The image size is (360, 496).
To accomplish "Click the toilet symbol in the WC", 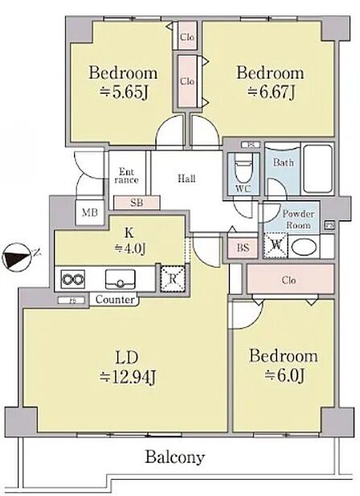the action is pyautogui.click(x=243, y=170).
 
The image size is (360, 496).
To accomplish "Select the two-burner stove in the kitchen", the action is pyautogui.click(x=73, y=279).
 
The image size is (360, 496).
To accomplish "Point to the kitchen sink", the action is pyautogui.click(x=120, y=279).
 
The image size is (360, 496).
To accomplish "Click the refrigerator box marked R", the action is pyautogui.click(x=173, y=279).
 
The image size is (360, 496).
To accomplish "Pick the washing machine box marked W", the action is pyautogui.click(x=276, y=245).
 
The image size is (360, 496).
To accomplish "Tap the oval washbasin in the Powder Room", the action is pyautogui.click(x=304, y=247).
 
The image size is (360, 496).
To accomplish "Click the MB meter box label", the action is pyautogui.click(x=90, y=212).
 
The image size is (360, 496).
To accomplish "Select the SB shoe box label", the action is pyautogui.click(x=137, y=203).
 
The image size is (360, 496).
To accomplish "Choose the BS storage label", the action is pyautogui.click(x=243, y=248).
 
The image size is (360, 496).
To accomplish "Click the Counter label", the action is pyautogui.click(x=115, y=299).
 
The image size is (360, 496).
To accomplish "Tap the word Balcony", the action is pyautogui.click(x=175, y=457).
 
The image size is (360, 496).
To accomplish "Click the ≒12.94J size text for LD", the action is pyautogui.click(x=128, y=376).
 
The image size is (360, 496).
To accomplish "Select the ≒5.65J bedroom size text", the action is pyautogui.click(x=124, y=92).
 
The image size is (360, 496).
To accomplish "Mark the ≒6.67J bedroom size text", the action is pyautogui.click(x=272, y=92).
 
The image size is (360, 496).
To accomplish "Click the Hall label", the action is pyautogui.click(x=186, y=178).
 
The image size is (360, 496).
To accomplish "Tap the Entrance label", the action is pyautogui.click(x=126, y=176).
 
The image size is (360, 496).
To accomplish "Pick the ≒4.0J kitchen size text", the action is pyautogui.click(x=129, y=248).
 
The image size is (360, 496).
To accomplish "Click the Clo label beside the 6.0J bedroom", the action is pyautogui.click(x=289, y=280).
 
